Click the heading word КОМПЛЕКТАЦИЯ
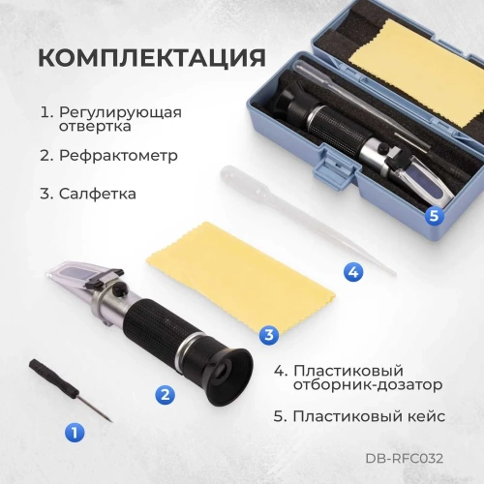[x=151, y=56]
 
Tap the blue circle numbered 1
[x=73, y=433]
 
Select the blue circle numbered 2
[x=166, y=393]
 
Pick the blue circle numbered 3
[x=270, y=335]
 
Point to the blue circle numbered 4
[x=353, y=273]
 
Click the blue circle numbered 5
[x=434, y=216]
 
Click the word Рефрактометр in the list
[x=121, y=155]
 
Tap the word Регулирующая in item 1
[x=120, y=111]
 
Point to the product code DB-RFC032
[x=405, y=459]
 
